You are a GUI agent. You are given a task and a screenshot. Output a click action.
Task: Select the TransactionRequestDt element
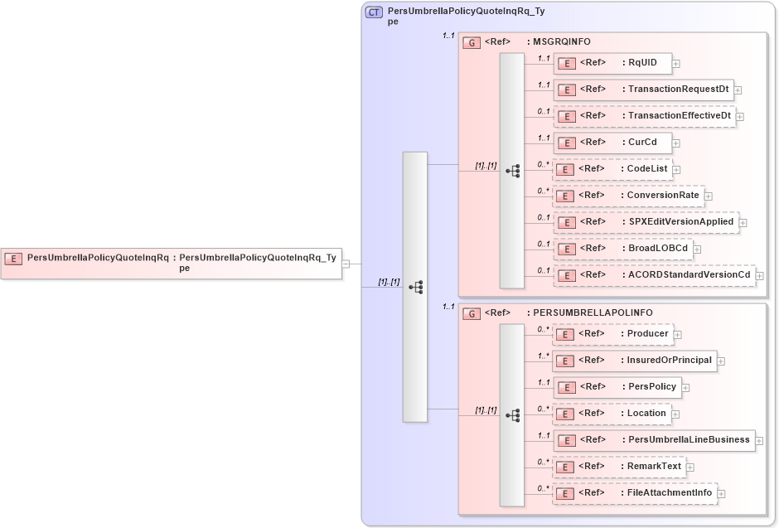tap(643, 90)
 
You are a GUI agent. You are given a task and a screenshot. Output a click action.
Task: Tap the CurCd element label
tap(642, 142)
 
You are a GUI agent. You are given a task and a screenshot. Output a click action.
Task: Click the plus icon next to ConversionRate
tap(709, 196)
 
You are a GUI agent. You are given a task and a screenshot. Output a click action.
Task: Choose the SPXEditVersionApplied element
tap(646, 222)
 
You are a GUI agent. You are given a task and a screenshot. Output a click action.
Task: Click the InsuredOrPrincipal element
tap(634, 361)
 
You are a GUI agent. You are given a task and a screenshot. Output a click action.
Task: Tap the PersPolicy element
tap(617, 386)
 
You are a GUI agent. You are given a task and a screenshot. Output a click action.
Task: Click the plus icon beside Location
tap(675, 414)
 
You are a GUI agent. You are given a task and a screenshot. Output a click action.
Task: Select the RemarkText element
tap(618, 467)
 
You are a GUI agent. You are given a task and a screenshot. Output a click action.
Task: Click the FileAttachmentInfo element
tap(634, 493)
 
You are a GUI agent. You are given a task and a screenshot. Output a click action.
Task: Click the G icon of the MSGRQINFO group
tap(471, 41)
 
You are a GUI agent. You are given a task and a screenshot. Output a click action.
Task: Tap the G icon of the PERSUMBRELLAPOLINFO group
tap(471, 313)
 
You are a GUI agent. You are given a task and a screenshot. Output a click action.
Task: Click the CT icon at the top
tap(375, 12)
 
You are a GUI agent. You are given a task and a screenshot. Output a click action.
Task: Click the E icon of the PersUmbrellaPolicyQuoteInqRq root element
tap(14, 258)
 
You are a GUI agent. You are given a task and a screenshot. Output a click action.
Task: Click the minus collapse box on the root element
tap(346, 264)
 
